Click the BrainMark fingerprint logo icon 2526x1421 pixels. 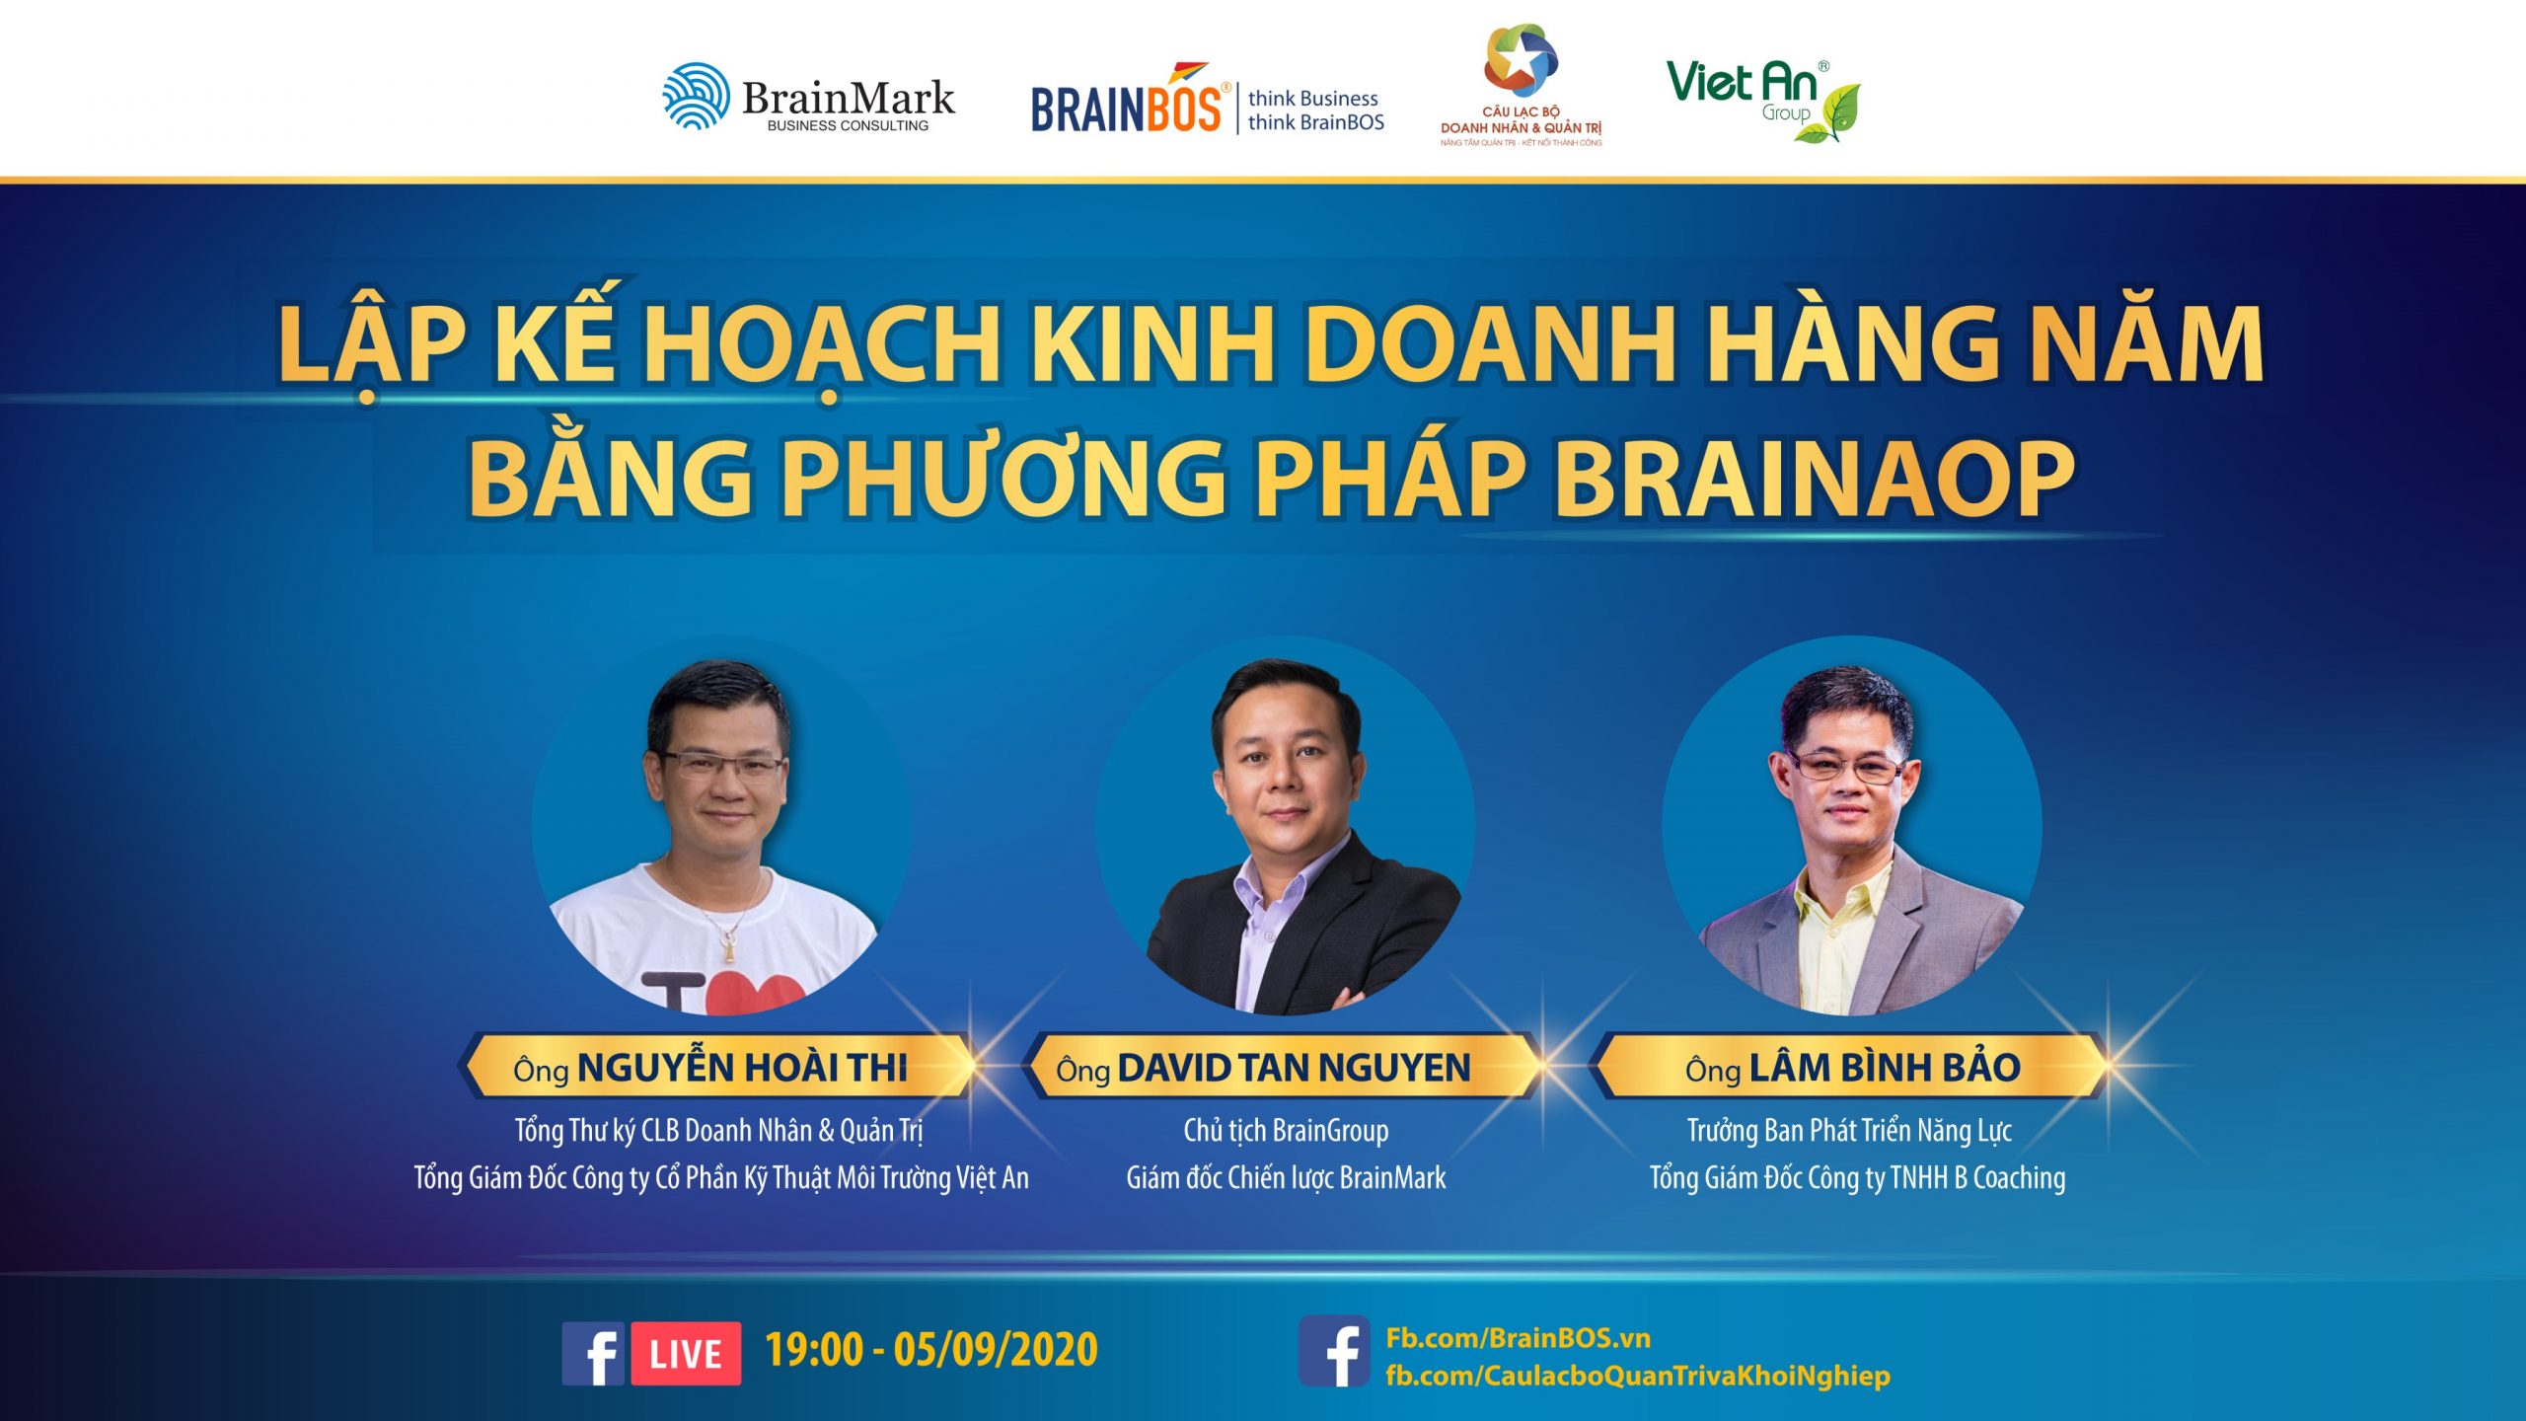[x=697, y=96]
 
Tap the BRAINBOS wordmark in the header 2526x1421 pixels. [x=1127, y=107]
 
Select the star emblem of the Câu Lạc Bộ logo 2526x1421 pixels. [x=1522, y=60]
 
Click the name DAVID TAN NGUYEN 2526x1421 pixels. [x=1294, y=1068]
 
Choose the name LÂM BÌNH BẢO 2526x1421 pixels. [x=1885, y=1066]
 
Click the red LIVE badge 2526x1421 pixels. [x=686, y=1353]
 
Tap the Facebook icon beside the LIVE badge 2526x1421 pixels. [x=593, y=1353]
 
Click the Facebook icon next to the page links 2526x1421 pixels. [x=1334, y=1351]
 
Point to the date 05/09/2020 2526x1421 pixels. [x=996, y=1350]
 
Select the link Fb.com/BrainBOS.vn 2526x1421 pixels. [x=1518, y=1338]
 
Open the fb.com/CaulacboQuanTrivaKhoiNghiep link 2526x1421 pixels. [x=1638, y=1377]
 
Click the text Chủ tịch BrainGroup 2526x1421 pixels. [x=1286, y=1131]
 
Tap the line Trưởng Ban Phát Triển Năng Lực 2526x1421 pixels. [x=1849, y=1131]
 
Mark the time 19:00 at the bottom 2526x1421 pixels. [x=814, y=1350]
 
